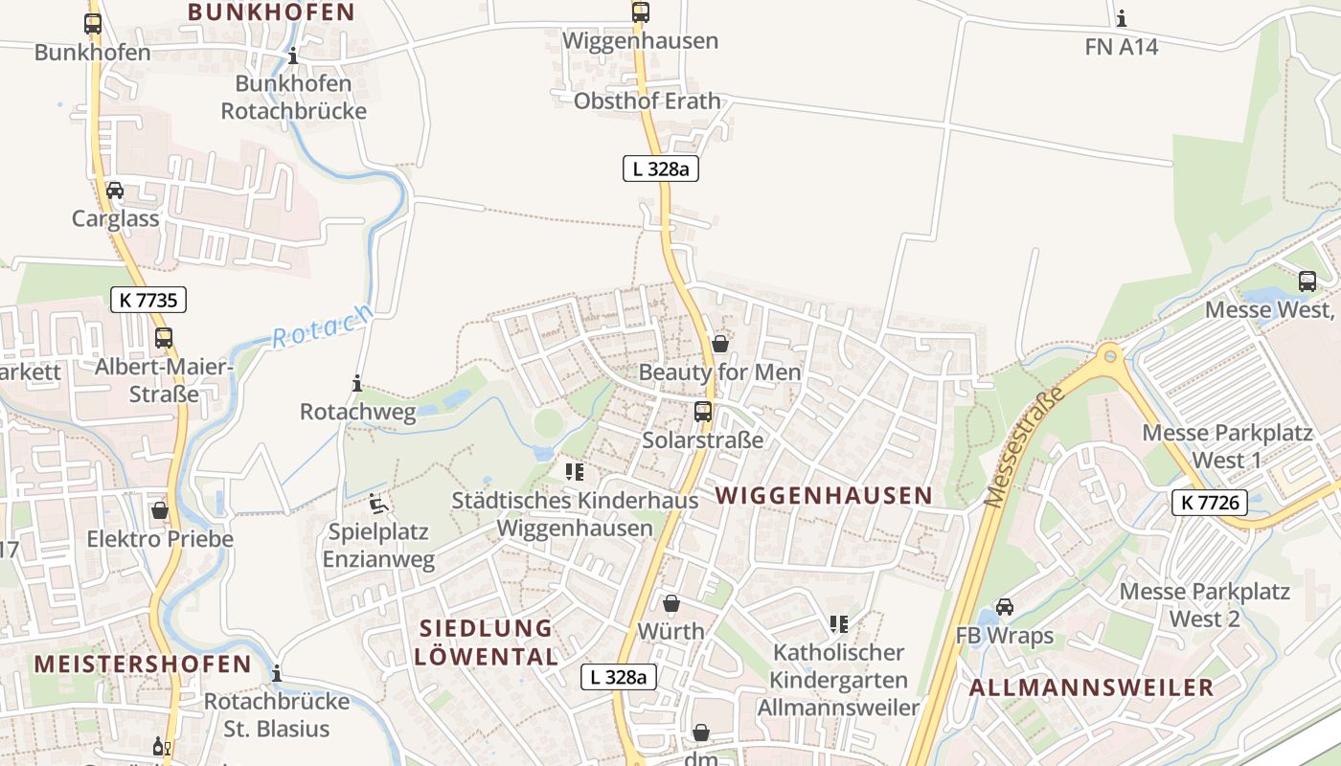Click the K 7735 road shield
point(148,300)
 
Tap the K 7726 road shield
point(1209,502)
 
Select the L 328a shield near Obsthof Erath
point(661,169)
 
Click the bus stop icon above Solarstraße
point(703,412)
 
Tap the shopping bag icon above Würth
point(671,603)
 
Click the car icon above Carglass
point(115,191)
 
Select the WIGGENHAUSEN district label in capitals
point(824,495)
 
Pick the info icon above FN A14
point(1122,18)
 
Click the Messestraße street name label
point(1025,448)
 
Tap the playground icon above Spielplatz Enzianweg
point(377,503)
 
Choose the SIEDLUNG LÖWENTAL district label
point(487,642)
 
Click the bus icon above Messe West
point(1307,282)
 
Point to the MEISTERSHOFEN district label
point(143,664)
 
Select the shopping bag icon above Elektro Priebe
point(160,510)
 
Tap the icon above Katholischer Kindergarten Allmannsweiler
point(839,624)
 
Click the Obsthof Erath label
point(647,101)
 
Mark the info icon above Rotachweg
point(357,383)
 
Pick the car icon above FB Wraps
point(1005,607)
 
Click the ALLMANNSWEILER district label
point(1091,687)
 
